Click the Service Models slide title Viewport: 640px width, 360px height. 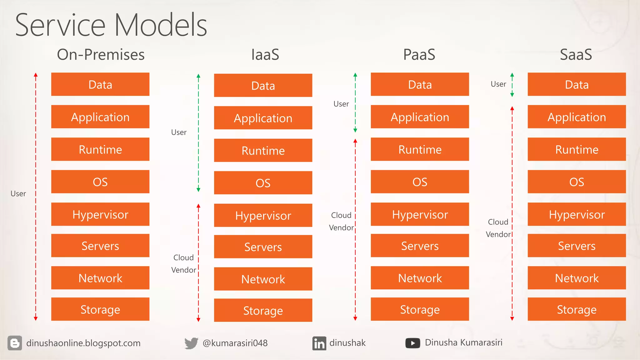(111, 25)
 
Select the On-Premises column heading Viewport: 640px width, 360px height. (101, 54)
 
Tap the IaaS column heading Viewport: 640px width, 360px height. (265, 54)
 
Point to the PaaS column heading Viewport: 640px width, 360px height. (419, 54)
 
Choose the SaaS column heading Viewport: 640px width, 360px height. (576, 54)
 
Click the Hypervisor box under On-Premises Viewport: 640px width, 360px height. (100, 214)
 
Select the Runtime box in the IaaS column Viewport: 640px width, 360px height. (263, 151)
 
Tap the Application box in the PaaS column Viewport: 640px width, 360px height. (420, 117)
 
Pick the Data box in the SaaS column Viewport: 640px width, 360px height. (577, 84)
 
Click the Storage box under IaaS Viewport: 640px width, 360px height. (263, 310)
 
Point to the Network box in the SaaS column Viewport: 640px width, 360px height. (577, 278)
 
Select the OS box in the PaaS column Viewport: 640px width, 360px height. (420, 182)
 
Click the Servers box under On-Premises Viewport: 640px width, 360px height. (100, 246)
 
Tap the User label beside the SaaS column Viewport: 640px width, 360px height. (498, 84)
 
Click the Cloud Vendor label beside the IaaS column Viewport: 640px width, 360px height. (184, 264)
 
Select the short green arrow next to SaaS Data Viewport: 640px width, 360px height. (512, 85)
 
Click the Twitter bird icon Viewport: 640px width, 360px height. (191, 343)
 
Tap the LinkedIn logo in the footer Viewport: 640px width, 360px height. (319, 343)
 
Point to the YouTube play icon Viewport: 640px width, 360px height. (412, 343)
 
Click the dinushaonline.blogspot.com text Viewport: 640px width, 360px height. (83, 343)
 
